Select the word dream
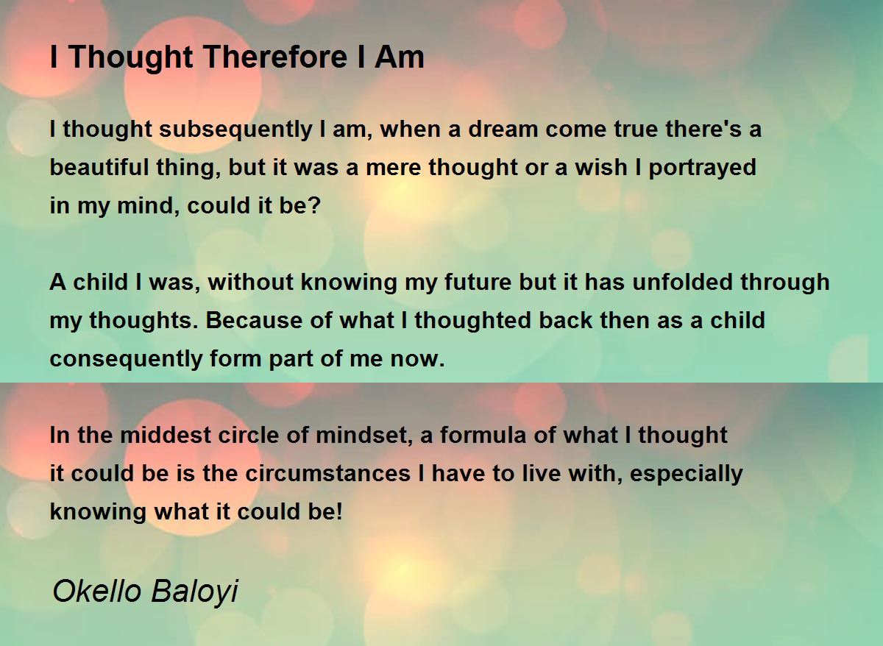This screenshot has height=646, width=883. click(503, 129)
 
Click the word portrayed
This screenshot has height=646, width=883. click(702, 168)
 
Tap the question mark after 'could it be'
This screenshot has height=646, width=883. click(314, 205)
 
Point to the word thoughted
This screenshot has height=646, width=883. click(472, 321)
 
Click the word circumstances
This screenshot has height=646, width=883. click(328, 474)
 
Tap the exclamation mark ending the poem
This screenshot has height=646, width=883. click(339, 511)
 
